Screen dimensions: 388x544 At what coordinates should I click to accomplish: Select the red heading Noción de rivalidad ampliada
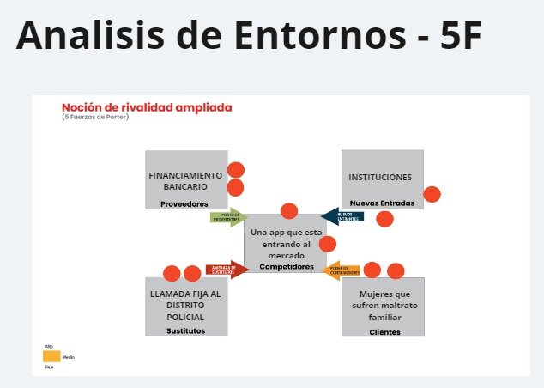[147, 107]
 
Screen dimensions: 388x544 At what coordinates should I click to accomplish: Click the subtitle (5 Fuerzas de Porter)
[96, 117]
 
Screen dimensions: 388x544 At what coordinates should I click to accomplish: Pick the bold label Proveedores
[184, 203]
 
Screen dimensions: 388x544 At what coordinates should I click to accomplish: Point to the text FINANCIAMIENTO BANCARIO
[185, 180]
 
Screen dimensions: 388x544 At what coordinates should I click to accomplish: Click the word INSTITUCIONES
[380, 178]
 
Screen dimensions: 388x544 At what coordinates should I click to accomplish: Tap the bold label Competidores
[286, 266]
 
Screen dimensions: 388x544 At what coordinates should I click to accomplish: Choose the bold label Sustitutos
[185, 330]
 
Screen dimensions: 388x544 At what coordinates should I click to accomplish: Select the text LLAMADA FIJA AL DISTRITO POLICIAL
[185, 305]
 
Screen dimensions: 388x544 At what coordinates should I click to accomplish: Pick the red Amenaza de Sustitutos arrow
[227, 270]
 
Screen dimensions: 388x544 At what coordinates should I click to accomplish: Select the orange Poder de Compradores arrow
[342, 271]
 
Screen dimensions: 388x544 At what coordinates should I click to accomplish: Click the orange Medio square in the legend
[51, 355]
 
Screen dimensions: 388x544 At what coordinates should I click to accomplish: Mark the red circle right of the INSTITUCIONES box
[432, 195]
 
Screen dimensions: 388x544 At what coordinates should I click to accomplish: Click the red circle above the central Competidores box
[289, 210]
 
